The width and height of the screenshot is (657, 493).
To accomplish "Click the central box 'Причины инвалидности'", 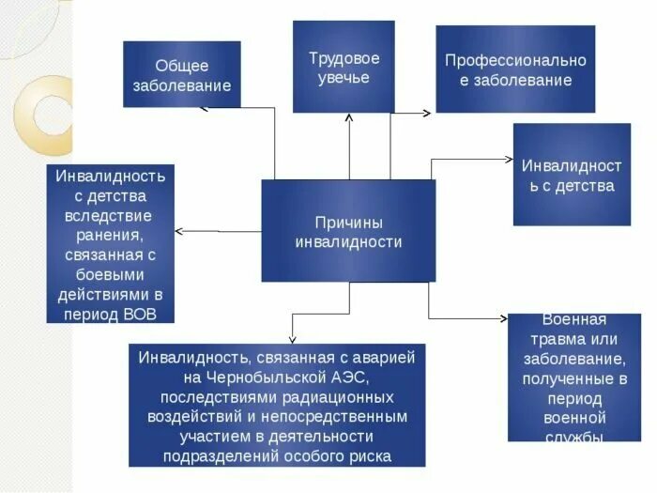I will point(348,231).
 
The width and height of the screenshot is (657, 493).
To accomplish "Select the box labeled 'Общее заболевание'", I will point(182,74).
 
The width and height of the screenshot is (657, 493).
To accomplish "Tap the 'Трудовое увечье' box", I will point(344,67).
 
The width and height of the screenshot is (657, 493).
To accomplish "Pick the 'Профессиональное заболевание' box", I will point(515,69).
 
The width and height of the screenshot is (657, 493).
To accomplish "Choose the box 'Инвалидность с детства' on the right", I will point(572,175).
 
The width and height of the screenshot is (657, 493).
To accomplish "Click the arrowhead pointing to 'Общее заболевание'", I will point(205,108).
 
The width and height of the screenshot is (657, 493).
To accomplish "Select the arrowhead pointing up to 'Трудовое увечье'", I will point(349,117).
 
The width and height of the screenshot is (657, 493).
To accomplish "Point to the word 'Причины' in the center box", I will point(348,222).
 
